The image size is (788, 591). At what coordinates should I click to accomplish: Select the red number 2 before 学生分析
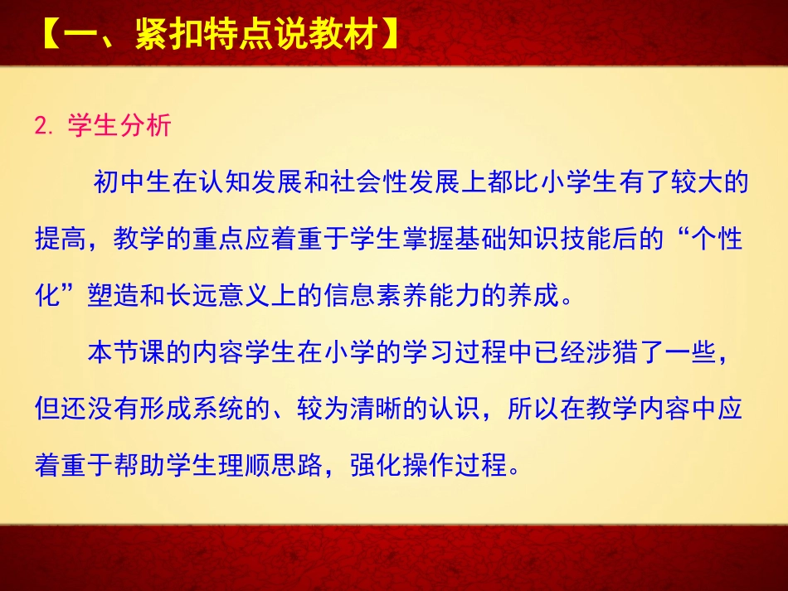point(40,126)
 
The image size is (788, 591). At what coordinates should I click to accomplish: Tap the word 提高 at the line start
point(61,240)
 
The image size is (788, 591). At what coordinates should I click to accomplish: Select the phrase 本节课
point(126,353)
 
